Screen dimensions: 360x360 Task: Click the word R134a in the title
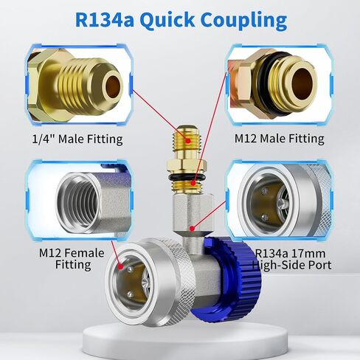point(105,20)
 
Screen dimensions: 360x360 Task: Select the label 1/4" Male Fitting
point(77,139)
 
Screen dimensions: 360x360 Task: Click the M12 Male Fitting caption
point(280,139)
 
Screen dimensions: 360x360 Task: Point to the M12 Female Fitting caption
point(72,259)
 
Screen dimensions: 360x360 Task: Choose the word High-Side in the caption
point(277,265)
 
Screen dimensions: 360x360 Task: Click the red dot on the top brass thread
point(188,141)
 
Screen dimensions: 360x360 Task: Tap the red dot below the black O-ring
point(193,183)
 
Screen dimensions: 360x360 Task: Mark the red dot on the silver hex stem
point(192,229)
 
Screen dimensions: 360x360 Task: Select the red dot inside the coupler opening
point(120,266)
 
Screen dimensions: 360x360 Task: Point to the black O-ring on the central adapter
point(187,177)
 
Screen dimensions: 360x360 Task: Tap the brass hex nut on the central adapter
point(187,166)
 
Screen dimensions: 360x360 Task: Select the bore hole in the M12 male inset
point(303,83)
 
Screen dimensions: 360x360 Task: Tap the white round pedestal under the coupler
point(185,342)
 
